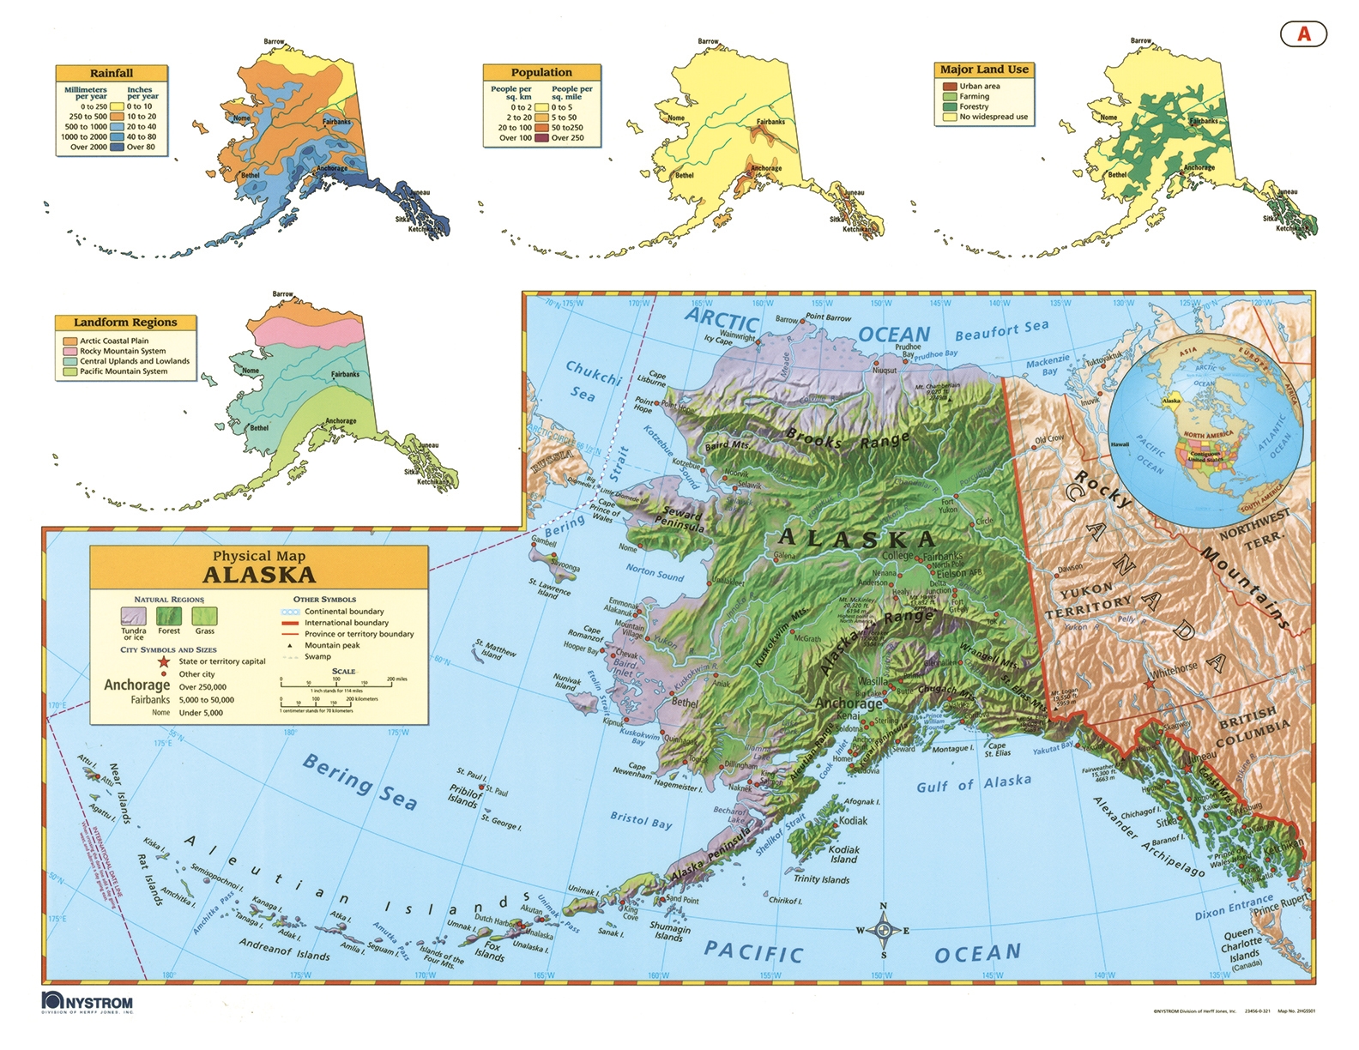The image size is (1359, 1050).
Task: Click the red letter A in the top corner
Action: click(1303, 33)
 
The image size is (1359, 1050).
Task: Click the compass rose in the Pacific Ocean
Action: click(883, 931)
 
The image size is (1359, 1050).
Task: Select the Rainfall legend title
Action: click(112, 73)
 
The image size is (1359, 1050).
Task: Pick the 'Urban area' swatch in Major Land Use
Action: click(950, 86)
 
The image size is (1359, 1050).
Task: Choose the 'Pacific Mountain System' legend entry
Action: click(69, 371)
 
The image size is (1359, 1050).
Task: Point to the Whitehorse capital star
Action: click(1149, 684)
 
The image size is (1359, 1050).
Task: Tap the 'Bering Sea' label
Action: click(359, 782)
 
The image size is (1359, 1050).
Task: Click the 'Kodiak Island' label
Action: click(843, 854)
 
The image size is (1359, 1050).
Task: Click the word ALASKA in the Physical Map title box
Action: click(259, 576)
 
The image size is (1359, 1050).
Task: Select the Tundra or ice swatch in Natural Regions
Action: click(133, 616)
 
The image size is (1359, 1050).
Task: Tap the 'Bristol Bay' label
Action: click(641, 819)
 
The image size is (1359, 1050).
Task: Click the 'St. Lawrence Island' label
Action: click(548, 588)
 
